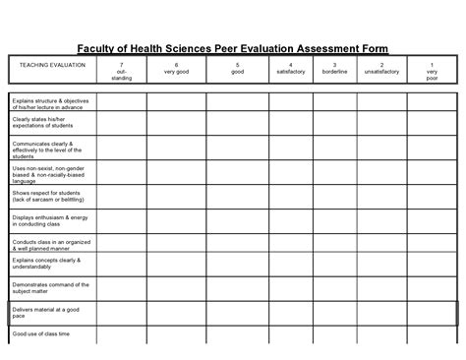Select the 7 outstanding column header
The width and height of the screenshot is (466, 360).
click(121, 71)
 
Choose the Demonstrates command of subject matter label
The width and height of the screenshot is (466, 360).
click(46, 289)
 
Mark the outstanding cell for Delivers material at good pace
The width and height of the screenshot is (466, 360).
click(121, 313)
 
